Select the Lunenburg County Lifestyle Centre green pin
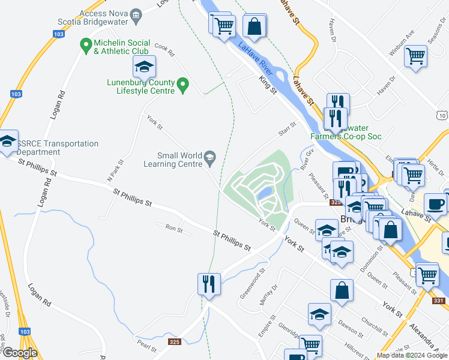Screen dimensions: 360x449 (184, 87)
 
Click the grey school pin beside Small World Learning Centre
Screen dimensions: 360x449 (209, 158)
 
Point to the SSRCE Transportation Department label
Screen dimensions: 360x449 (57, 148)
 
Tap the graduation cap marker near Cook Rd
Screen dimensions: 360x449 (144, 67)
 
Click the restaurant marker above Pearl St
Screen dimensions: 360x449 (209, 284)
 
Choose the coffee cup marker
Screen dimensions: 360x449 (435, 203)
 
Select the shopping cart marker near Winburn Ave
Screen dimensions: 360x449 (415, 57)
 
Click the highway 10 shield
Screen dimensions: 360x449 (442, 115)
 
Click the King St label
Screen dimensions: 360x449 (267, 83)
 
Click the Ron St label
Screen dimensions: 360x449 (174, 228)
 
